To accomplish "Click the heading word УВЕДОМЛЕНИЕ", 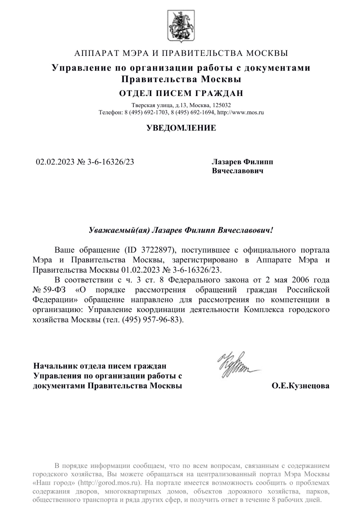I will tap(181, 128).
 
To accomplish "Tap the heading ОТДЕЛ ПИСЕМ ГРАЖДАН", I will tap(181, 94).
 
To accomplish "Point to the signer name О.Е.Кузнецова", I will tap(300, 386).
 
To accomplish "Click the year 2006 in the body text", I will tap(300, 279).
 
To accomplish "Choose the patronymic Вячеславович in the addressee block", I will tap(238, 171).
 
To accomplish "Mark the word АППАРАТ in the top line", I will tap(95, 54).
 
